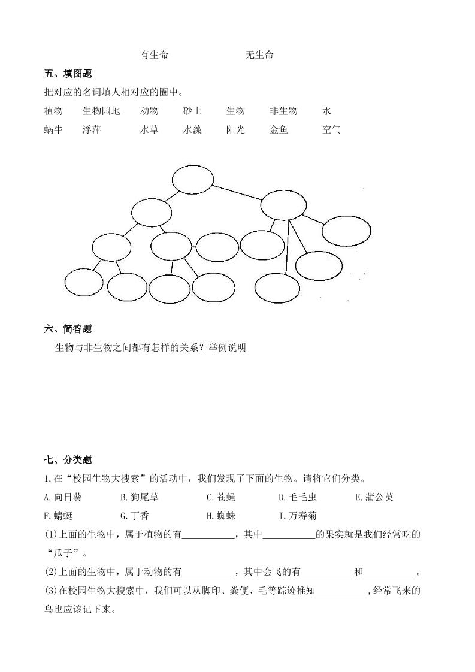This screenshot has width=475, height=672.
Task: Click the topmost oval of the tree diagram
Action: [192, 179]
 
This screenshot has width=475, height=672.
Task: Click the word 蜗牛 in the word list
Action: [53, 129]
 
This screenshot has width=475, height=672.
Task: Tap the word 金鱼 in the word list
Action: [279, 129]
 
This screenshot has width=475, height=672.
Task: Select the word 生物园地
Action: [101, 111]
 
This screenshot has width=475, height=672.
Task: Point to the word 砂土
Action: [192, 111]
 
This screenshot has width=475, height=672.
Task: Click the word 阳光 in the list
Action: [235, 129]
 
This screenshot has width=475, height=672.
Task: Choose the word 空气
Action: [331, 129]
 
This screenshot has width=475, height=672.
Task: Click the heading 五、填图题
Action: [68, 74]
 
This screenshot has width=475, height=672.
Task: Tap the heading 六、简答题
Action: [68, 329]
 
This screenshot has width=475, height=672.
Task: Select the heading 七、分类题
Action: [68, 460]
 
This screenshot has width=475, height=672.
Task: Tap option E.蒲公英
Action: [374, 497]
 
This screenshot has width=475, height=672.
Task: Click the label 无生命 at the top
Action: [259, 55]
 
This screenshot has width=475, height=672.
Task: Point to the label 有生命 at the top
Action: [154, 55]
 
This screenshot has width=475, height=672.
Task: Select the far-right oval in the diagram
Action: [347, 231]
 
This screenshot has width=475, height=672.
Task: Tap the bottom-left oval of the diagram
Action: [84, 283]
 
